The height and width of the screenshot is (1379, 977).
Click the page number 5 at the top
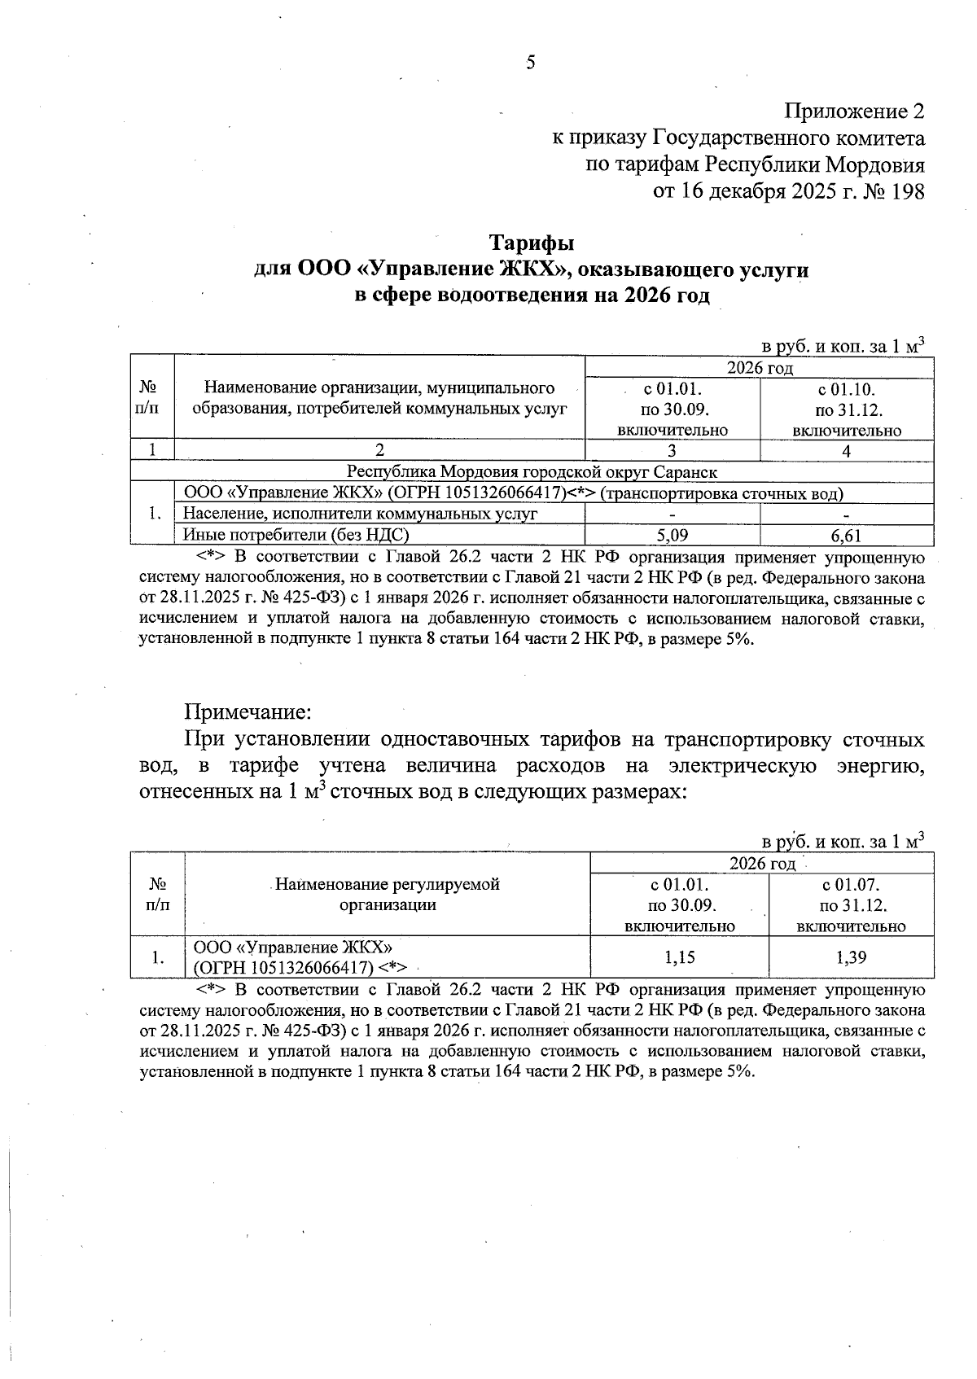[530, 63]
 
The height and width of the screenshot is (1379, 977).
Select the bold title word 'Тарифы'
[532, 243]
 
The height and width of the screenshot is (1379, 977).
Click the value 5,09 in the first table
[673, 535]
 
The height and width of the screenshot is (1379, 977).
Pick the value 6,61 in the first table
[847, 535]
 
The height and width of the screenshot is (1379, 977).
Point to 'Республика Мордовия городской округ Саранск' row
[532, 471]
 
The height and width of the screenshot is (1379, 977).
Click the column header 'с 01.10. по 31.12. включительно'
[847, 409]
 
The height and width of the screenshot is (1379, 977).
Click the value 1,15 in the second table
[680, 957]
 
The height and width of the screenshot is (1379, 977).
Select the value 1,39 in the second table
[852, 957]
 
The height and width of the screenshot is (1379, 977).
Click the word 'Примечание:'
[248, 712]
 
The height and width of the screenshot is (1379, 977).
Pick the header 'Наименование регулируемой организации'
[388, 895]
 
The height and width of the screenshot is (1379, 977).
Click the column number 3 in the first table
[673, 450]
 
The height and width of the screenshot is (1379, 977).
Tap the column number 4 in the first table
[847, 450]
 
